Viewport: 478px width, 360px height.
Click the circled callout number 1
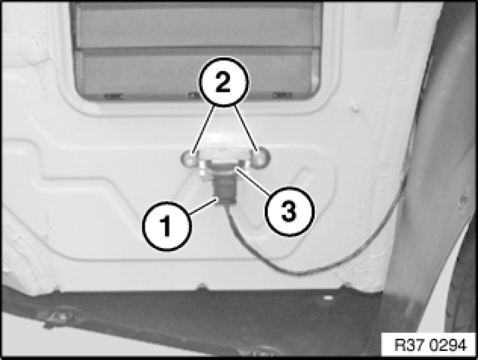click(167, 226)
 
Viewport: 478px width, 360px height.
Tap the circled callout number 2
click(224, 82)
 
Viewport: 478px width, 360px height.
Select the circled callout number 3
click(289, 211)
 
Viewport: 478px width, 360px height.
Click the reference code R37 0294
click(430, 345)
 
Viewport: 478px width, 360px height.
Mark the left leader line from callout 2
click(203, 129)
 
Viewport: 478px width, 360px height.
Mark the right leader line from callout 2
click(246, 128)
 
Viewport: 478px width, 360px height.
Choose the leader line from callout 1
click(204, 206)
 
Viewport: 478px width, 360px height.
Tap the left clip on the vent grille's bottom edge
click(114, 96)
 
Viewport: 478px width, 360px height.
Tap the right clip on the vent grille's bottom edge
click(282, 95)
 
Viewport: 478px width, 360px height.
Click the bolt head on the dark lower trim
click(61, 317)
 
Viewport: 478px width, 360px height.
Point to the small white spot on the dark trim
click(328, 297)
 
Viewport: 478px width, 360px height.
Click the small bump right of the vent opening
click(355, 108)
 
